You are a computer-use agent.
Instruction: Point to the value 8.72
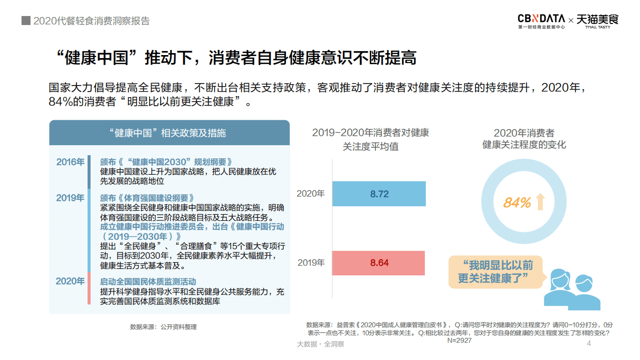[x=379, y=194]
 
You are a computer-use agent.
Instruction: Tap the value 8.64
[x=379, y=263]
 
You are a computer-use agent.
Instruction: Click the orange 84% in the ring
[x=516, y=203]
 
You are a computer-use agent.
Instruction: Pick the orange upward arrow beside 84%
[x=539, y=202]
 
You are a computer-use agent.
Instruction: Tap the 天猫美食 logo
[x=597, y=20]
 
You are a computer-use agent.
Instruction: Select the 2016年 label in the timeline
[x=70, y=162]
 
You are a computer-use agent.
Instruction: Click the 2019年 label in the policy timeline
[x=70, y=198]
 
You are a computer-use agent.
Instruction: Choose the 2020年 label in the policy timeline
[x=70, y=281]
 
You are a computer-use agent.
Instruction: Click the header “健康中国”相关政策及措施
[x=169, y=133]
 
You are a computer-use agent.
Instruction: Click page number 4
[x=589, y=343]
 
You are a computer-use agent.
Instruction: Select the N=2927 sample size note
[x=459, y=340]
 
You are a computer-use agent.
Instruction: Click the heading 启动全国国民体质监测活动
[x=148, y=281]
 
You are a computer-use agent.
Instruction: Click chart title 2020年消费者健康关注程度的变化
[x=524, y=139]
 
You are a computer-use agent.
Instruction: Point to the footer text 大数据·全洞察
[x=320, y=344]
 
